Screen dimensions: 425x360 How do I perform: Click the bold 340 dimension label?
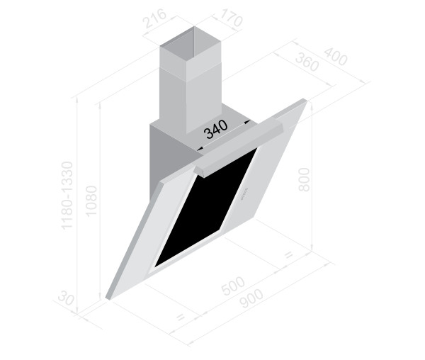[216, 129]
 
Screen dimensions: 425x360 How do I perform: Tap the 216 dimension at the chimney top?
[154, 18]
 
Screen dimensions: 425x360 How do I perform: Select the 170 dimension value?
[230, 17]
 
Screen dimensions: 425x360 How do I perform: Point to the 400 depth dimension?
[336, 57]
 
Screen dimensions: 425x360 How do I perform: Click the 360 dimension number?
[307, 62]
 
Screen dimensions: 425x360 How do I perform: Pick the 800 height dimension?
[304, 179]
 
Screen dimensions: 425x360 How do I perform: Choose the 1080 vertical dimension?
[91, 201]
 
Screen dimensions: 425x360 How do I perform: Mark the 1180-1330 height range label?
[67, 196]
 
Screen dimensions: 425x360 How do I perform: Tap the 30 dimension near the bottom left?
[66, 298]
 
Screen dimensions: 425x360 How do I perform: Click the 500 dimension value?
[233, 285]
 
